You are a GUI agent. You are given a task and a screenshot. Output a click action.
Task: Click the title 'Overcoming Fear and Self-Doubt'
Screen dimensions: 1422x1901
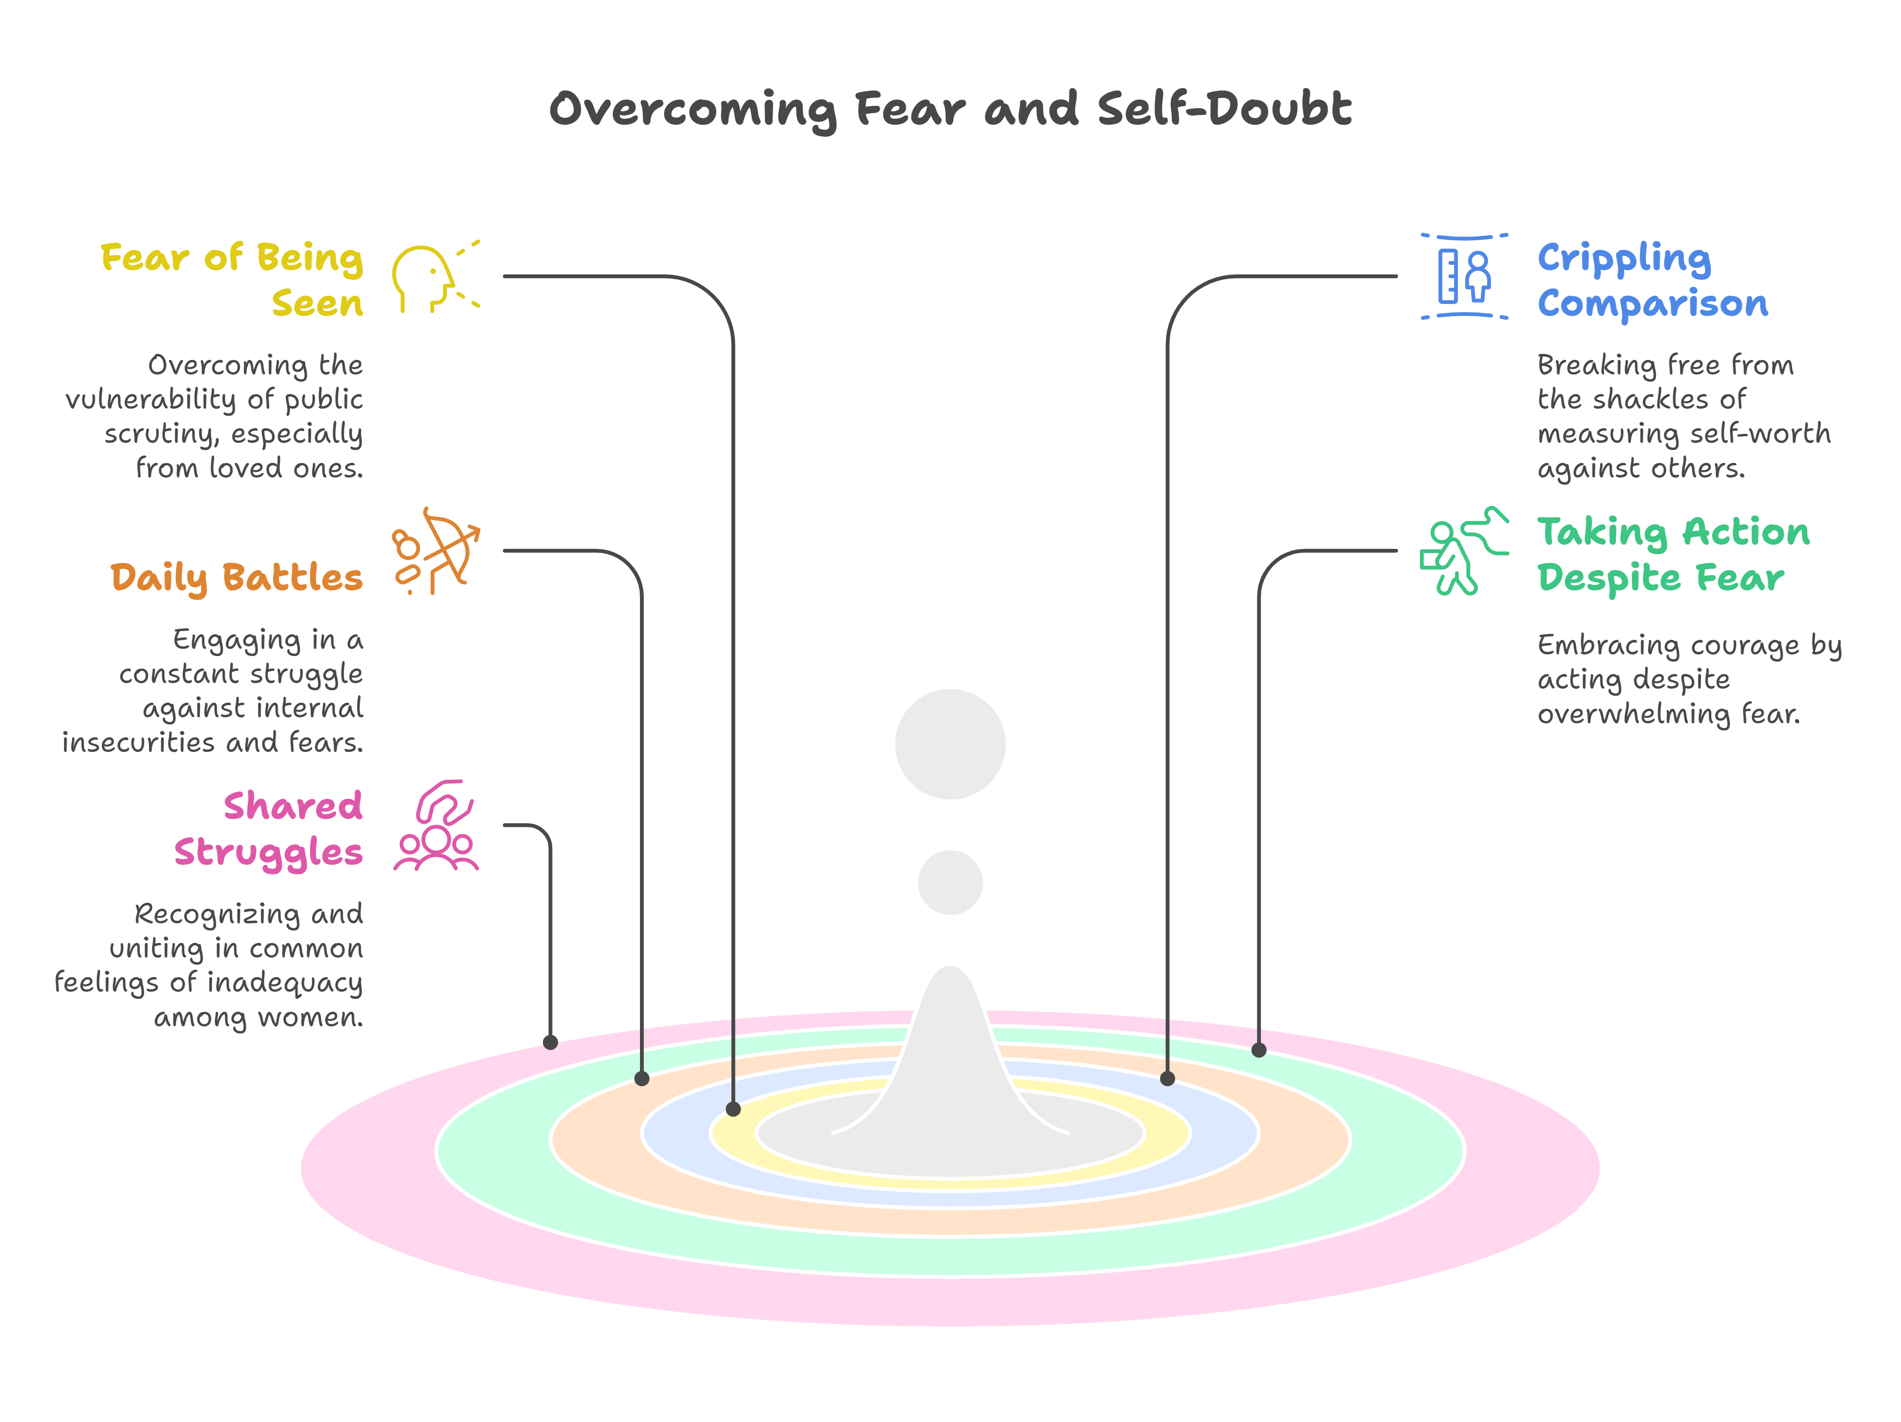950,109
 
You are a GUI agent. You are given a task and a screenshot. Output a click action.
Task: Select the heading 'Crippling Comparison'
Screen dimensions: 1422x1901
1652,280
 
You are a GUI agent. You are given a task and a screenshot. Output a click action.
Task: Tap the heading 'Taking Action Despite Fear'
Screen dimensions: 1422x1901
1672,554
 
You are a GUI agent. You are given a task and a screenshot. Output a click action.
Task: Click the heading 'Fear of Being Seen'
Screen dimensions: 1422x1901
232,280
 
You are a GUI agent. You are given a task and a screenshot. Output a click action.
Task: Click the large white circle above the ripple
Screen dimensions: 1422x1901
950,745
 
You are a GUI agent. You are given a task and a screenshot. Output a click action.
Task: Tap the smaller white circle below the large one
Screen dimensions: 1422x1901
950,882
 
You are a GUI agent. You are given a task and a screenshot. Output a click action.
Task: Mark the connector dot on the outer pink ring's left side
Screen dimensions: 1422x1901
551,1043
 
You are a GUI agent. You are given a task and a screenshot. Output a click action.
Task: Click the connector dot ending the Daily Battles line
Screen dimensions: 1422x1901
642,1078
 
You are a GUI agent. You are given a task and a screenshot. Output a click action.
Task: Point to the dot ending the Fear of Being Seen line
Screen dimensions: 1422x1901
733,1109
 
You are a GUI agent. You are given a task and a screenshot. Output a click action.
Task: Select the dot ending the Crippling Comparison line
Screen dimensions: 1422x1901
1167,1078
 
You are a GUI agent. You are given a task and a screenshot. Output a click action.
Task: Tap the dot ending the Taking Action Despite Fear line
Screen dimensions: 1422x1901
1259,1050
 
